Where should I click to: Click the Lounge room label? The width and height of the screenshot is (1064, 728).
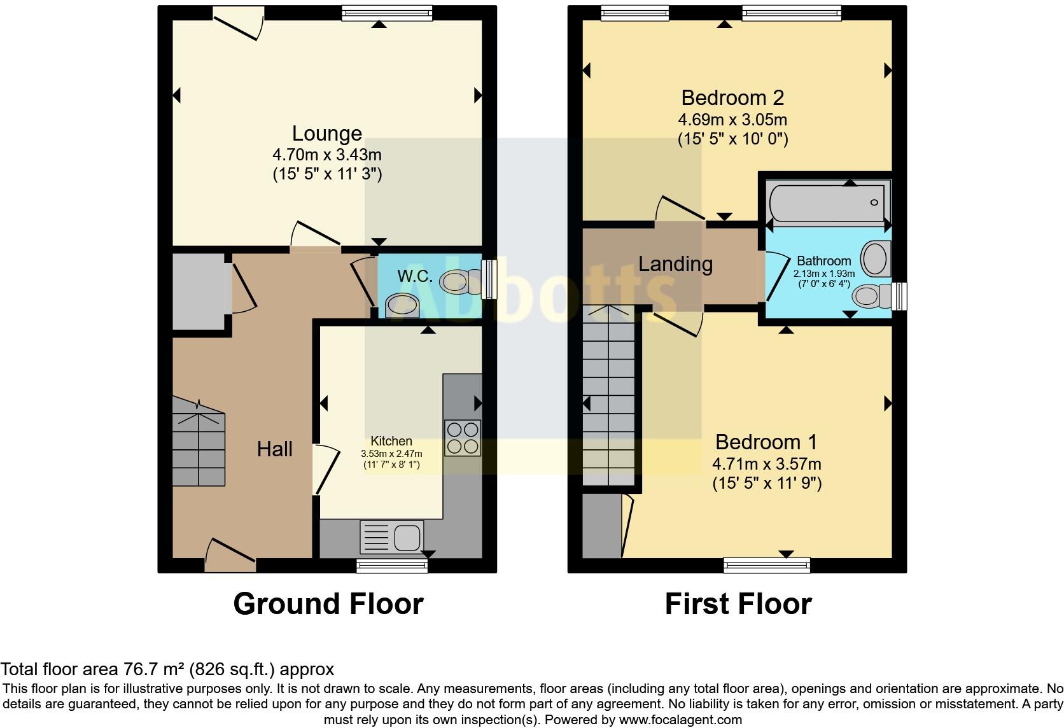[326, 133]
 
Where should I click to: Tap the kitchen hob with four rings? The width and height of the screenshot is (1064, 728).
[463, 438]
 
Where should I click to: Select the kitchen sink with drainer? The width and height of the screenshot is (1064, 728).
[391, 536]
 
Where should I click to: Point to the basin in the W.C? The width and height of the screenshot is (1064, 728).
[402, 305]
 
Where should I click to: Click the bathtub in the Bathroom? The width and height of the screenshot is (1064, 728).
[827, 202]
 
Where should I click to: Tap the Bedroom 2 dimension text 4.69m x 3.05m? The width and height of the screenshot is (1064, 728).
[732, 120]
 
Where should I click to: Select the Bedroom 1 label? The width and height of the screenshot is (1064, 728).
[766, 442]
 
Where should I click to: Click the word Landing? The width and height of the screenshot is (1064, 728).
[675, 263]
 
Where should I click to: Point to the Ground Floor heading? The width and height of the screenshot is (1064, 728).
[328, 603]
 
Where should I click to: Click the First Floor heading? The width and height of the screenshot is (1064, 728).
[738, 603]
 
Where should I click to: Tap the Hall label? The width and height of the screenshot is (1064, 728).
[274, 449]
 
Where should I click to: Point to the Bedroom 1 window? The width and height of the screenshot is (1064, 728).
[767, 564]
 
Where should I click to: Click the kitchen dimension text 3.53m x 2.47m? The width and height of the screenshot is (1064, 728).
[391, 454]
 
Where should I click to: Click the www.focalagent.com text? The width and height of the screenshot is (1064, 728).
[680, 720]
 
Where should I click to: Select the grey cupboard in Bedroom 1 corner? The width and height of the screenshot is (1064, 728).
[601, 526]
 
